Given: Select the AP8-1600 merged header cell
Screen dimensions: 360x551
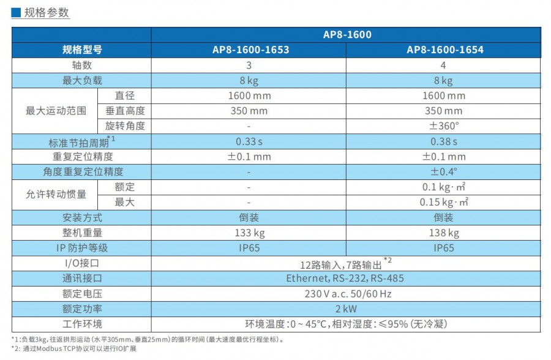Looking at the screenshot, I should (347, 35).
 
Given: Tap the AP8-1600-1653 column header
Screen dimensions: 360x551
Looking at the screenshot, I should (249, 50).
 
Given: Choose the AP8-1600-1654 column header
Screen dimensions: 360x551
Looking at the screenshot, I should (444, 50).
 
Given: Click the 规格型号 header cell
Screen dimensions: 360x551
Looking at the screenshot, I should (82, 50).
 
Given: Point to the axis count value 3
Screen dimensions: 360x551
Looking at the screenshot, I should (249, 66).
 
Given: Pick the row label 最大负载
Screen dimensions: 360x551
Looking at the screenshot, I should (82, 81).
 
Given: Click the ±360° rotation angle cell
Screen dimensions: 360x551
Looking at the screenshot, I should (444, 126).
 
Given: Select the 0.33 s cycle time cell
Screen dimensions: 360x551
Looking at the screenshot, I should (249, 141).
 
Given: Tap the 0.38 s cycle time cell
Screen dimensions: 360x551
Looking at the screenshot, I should (444, 141).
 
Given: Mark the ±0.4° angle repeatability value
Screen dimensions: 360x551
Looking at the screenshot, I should (444, 172).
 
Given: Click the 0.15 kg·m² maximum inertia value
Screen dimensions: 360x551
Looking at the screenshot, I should (444, 202).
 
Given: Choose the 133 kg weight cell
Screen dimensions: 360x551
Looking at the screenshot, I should (249, 233).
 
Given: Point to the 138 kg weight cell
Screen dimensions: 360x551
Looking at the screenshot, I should (444, 233).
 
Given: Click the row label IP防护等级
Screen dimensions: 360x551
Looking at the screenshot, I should (82, 248).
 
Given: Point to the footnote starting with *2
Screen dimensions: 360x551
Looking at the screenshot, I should (73, 349).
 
